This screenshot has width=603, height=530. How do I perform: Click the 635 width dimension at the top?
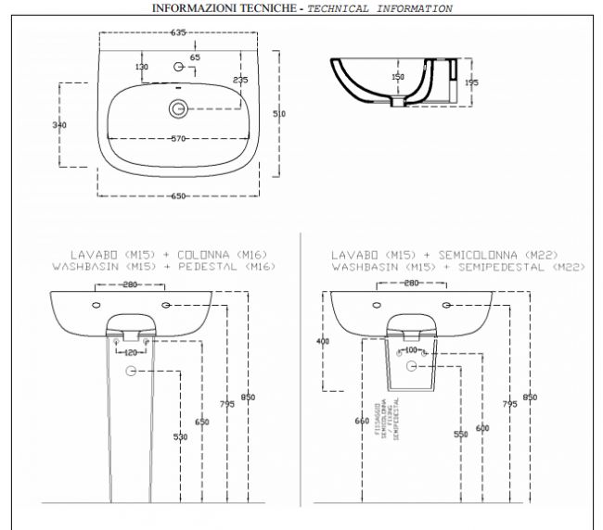click(178, 32)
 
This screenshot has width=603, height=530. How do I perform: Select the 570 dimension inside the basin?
click(178, 139)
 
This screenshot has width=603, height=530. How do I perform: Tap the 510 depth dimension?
click(280, 113)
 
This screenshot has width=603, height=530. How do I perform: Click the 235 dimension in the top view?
click(240, 80)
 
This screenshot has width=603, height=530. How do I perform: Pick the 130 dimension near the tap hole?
click(141, 68)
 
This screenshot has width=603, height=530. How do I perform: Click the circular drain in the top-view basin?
click(177, 108)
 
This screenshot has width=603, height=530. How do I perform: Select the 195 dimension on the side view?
click(471, 82)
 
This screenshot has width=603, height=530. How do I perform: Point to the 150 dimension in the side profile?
click(398, 77)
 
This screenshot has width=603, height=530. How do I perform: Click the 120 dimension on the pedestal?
click(130, 353)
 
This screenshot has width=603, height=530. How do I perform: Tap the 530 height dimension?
click(181, 436)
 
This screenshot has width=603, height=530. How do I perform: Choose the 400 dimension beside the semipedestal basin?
click(323, 342)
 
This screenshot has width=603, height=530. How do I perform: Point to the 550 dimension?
click(460, 434)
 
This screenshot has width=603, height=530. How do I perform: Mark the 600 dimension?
click(482, 427)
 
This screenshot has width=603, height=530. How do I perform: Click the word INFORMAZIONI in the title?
click(191, 8)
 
